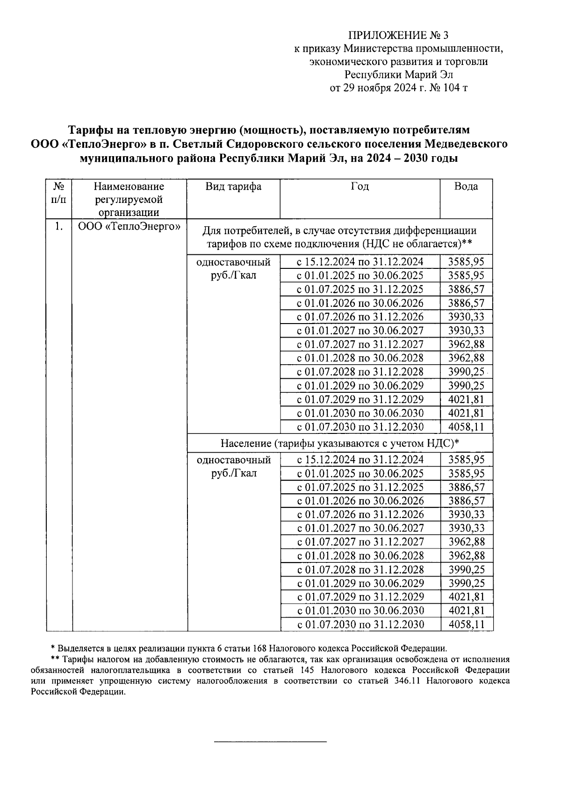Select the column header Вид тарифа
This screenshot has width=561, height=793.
(x=233, y=187)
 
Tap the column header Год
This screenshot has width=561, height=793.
(x=360, y=187)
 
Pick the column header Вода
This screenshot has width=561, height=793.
(x=466, y=187)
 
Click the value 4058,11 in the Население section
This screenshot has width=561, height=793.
(x=466, y=625)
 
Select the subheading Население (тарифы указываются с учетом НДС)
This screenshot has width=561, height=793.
(x=340, y=443)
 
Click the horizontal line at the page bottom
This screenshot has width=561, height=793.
(x=270, y=742)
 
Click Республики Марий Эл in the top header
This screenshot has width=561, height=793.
(x=399, y=74)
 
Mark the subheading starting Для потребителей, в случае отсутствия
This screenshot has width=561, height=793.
(x=340, y=237)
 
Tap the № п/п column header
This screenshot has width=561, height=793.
(x=59, y=193)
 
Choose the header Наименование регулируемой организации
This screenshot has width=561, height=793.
(x=129, y=200)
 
